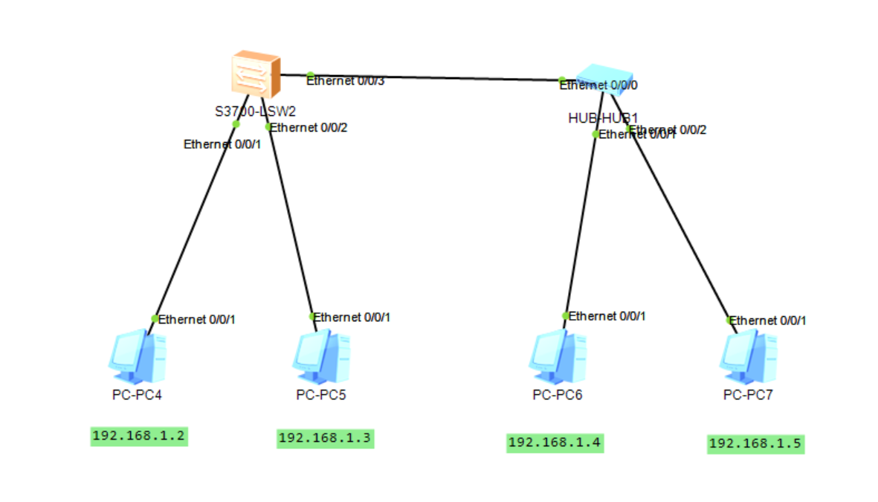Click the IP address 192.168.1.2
pyautogui.click(x=139, y=437)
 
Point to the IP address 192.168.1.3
pyautogui.click(x=325, y=439)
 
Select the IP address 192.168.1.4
pyautogui.click(x=555, y=443)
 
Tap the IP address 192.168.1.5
pyautogui.click(x=755, y=444)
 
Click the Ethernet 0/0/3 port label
pyautogui.click(x=346, y=81)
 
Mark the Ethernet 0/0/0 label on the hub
pyautogui.click(x=598, y=86)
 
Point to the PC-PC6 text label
pyautogui.click(x=557, y=395)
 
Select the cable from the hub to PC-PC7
pyautogui.click(x=680, y=223)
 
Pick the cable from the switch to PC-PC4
pyautogui.click(x=195, y=223)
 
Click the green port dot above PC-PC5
pyautogui.click(x=313, y=316)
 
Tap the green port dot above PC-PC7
pyautogui.click(x=730, y=320)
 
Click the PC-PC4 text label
pyautogui.click(x=137, y=395)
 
